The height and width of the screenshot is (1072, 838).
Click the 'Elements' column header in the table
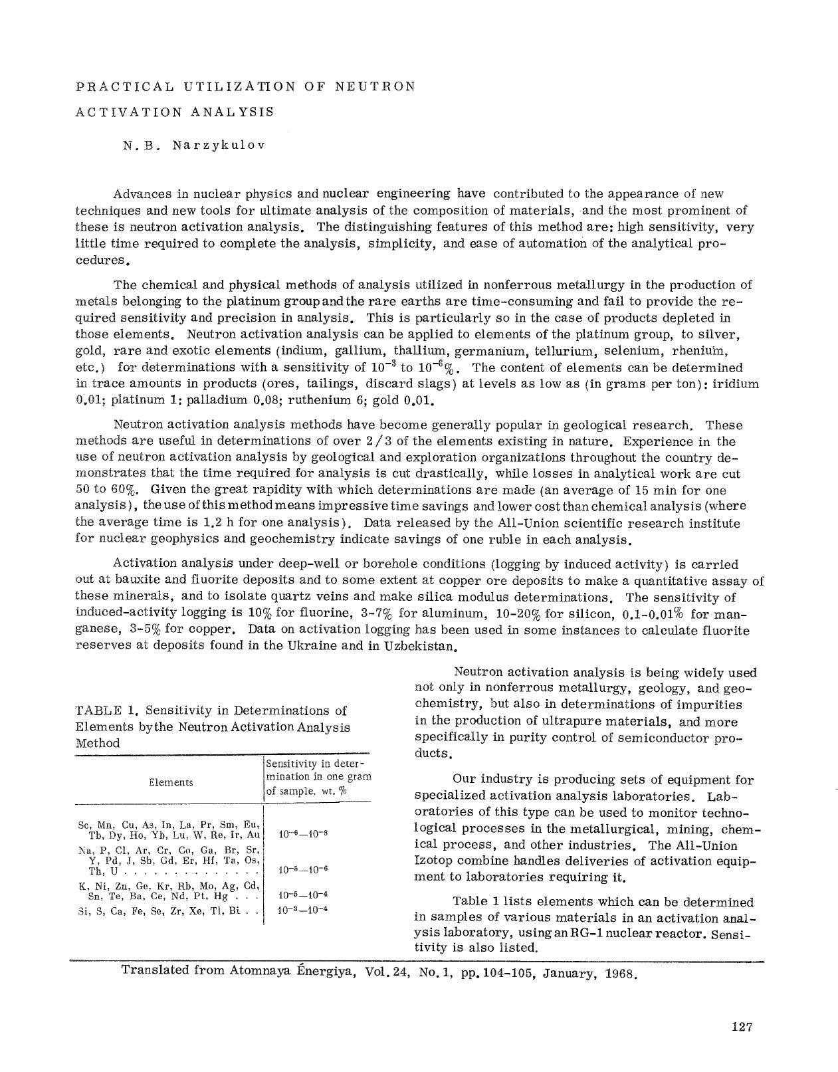pyautogui.click(x=171, y=782)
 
